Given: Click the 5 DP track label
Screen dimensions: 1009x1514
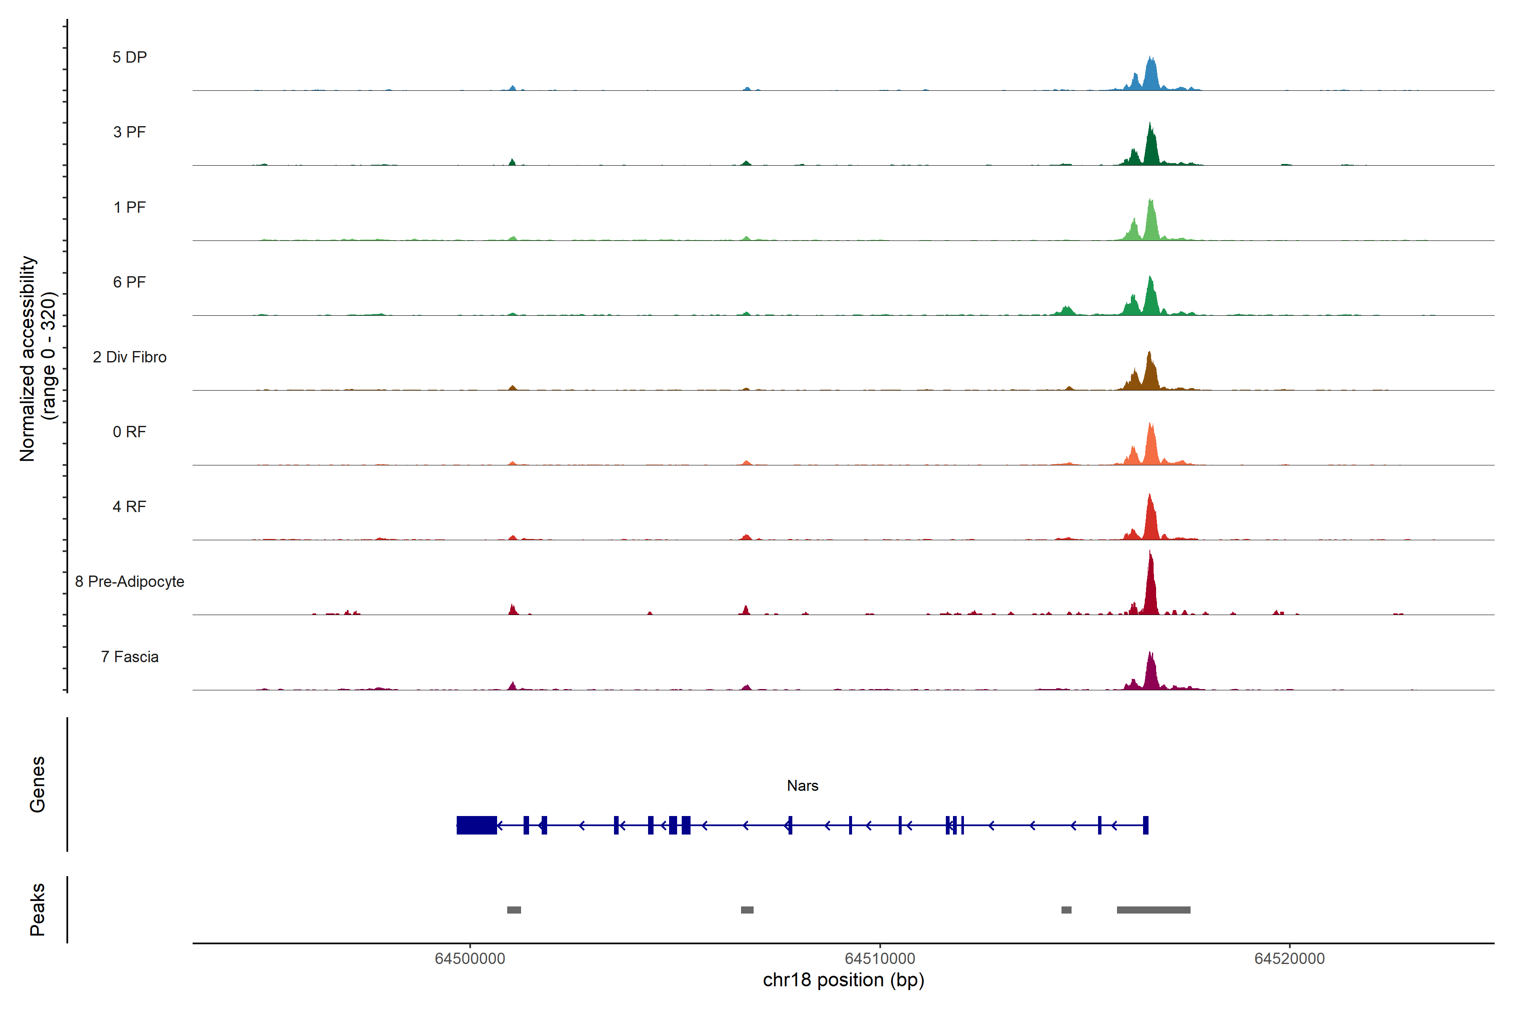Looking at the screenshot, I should click(130, 57).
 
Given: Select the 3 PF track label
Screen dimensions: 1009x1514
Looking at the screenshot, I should click(130, 132).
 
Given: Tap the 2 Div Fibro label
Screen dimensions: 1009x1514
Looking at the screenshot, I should click(130, 357).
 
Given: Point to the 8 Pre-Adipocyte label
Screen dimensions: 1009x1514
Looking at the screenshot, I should click(130, 582).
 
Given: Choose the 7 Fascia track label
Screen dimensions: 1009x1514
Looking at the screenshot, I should click(130, 657).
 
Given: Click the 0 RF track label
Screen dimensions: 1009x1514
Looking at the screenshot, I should click(130, 432).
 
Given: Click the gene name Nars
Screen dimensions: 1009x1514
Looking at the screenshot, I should click(802, 786).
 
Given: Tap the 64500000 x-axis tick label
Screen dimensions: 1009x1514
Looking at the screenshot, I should click(470, 958).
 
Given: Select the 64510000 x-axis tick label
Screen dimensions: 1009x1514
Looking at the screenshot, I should click(880, 958).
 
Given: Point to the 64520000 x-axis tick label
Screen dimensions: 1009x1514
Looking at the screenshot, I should click(1289, 958).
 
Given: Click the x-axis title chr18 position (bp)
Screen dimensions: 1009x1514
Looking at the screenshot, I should click(843, 980).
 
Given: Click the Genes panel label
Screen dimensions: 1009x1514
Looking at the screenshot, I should click(37, 784).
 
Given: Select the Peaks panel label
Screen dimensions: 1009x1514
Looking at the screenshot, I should click(37, 909).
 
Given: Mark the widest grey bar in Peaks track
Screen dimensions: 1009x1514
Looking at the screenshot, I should click(1154, 910).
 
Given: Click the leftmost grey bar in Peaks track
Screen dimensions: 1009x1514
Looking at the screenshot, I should click(513, 910).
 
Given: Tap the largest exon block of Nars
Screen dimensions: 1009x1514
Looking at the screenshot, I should click(476, 825).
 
